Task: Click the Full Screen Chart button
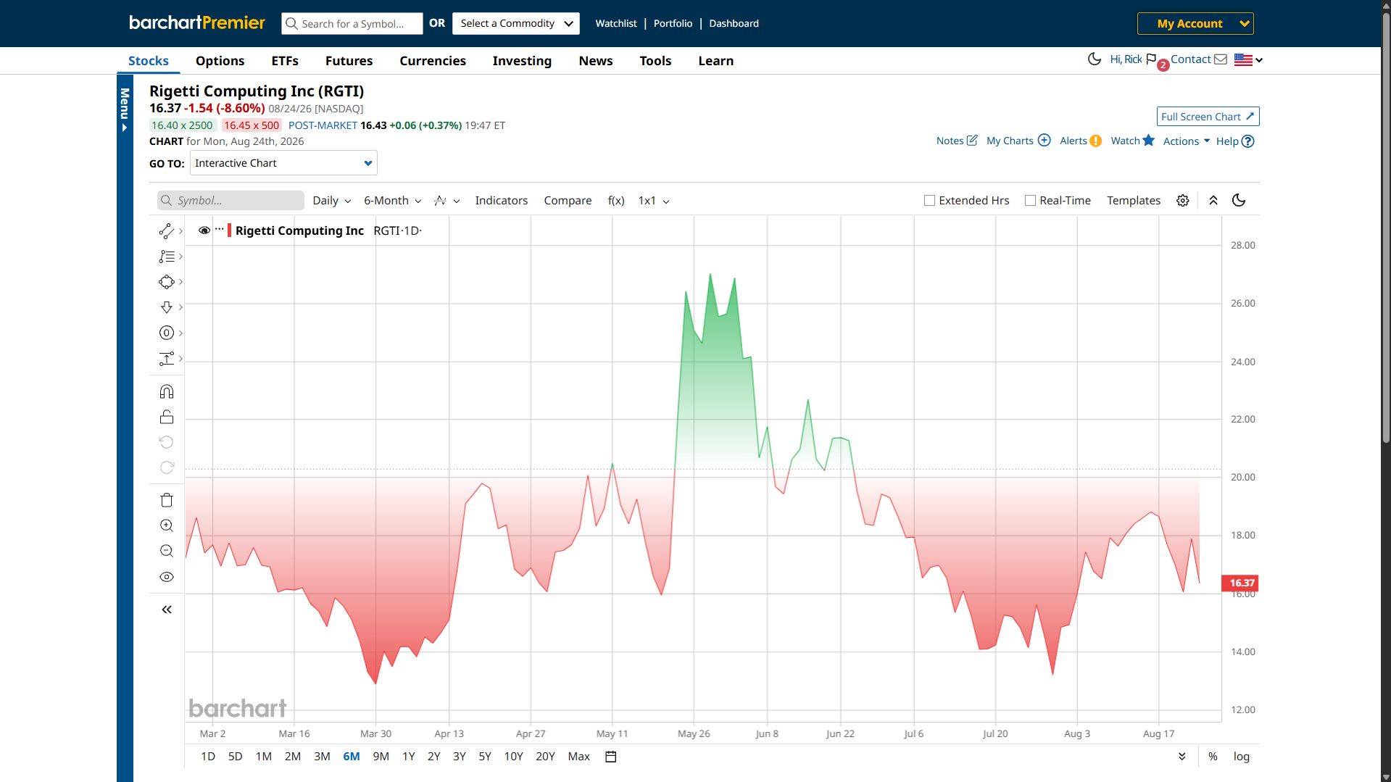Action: [x=1208, y=117]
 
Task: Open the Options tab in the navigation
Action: [x=220, y=61]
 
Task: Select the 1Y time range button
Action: [x=409, y=756]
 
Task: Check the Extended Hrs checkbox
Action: [x=929, y=201]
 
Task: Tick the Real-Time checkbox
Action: [x=1030, y=201]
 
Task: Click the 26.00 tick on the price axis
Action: [x=1242, y=304]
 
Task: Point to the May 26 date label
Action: [x=694, y=733]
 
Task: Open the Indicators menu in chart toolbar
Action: [x=501, y=201]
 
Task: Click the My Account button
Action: [x=1195, y=24]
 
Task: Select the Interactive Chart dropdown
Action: [x=283, y=163]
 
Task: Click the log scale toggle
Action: [x=1241, y=757]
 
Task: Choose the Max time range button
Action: [x=578, y=756]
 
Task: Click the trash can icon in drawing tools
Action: [x=167, y=500]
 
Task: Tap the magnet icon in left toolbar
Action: [x=167, y=392]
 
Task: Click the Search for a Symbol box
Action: [x=352, y=24]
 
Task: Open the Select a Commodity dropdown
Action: [x=516, y=24]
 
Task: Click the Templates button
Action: [x=1133, y=201]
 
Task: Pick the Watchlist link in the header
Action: [x=616, y=24]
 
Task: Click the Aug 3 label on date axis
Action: [x=1076, y=733]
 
